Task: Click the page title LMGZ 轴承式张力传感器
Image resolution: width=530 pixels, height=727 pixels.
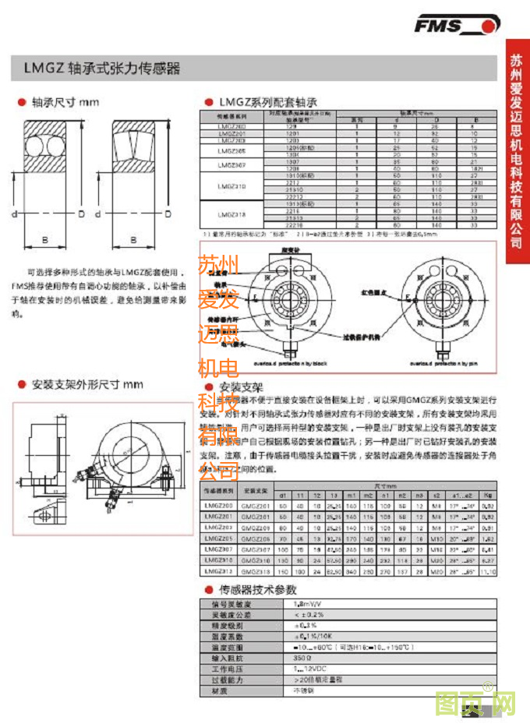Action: (97, 69)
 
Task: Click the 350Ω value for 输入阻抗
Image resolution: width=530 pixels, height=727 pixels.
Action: (303, 658)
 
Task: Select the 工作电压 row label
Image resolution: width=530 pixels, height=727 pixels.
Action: (227, 669)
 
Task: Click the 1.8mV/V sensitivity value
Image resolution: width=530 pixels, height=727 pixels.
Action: (308, 604)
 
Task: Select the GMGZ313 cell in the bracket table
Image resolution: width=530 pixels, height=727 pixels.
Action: (256, 571)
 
